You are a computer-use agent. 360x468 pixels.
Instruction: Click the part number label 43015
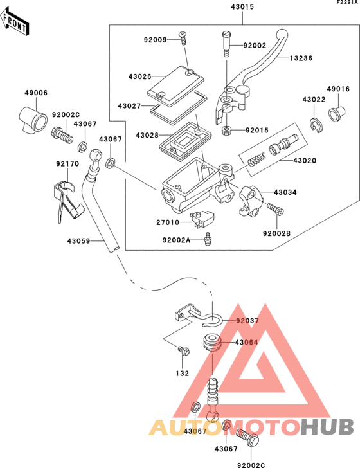pyautogui.click(x=242, y=7)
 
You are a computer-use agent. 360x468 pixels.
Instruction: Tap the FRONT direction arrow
pyautogui.click(x=16, y=23)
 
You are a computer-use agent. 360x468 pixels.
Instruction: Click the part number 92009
pyautogui.click(x=155, y=40)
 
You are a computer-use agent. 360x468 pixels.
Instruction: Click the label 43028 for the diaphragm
pyautogui.click(x=147, y=136)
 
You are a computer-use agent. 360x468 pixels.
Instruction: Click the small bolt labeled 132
pyautogui.click(x=184, y=351)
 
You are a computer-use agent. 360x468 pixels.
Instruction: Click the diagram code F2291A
pyautogui.click(x=346, y=3)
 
